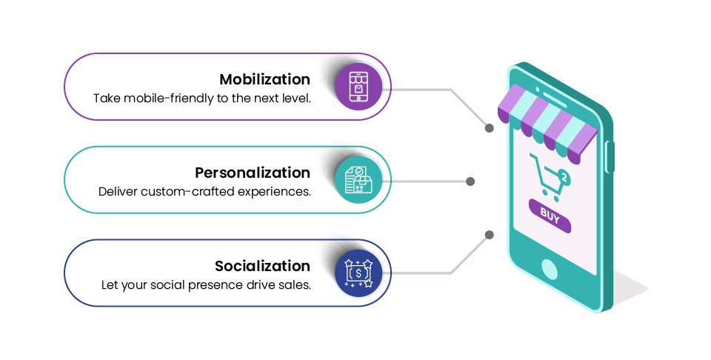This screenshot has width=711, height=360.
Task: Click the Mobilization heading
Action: tap(265, 79)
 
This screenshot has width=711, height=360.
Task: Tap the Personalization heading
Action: tap(253, 173)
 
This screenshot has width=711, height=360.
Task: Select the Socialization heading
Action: tap(262, 266)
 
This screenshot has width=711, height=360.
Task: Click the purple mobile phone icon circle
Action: tap(358, 87)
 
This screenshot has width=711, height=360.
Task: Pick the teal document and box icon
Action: tap(358, 180)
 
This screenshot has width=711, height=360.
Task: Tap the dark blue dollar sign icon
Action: tap(358, 273)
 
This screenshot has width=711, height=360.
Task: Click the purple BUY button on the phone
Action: tap(550, 216)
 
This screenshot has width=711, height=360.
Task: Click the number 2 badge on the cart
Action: tap(564, 178)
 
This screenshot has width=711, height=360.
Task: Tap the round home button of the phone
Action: tap(549, 270)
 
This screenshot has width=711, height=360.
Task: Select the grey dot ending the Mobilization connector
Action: tap(489, 128)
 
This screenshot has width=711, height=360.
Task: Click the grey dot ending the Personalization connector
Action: tap(470, 181)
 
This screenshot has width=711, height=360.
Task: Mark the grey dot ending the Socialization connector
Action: tap(489, 235)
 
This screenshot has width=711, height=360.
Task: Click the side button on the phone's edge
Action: tap(610, 157)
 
